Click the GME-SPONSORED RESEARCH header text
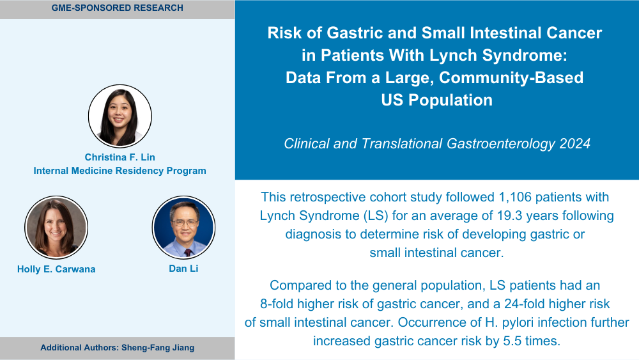point(118,8)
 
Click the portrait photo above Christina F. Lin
point(120,116)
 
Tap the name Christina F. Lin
point(120,157)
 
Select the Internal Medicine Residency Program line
point(120,171)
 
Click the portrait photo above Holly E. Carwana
point(56,228)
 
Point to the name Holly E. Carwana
point(56,269)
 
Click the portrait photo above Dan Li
point(183,228)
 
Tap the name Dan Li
point(183,269)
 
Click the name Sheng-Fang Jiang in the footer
point(158,348)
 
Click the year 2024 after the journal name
point(574,143)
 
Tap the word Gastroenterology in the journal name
point(501,143)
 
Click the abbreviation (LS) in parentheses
point(376,215)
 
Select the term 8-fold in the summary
point(277,304)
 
